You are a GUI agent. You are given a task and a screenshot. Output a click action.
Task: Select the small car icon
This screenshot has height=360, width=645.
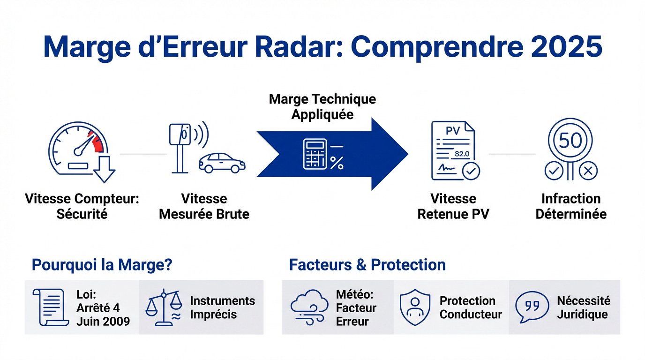(222, 163)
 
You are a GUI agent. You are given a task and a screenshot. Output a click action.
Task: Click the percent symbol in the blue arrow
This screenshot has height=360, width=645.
(337, 163)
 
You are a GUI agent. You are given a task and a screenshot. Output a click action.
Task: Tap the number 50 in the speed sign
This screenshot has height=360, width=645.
(570, 140)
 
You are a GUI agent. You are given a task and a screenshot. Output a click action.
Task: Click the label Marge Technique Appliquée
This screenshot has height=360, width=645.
(322, 107)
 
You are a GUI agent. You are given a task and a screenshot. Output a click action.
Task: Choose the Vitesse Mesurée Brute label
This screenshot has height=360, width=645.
(204, 207)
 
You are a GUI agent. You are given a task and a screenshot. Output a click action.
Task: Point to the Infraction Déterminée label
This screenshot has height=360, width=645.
(570, 207)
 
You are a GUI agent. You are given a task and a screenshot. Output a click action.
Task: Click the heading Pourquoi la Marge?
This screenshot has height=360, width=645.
(102, 265)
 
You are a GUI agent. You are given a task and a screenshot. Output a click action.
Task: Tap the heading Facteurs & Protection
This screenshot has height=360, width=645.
(367, 265)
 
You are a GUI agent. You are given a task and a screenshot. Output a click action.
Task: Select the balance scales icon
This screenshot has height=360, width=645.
(164, 307)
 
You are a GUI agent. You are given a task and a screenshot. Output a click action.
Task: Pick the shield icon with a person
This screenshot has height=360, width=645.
(414, 307)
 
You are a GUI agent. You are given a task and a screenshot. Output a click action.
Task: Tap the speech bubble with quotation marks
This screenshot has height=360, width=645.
(531, 307)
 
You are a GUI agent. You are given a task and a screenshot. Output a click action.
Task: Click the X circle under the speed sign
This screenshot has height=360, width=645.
(588, 171)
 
